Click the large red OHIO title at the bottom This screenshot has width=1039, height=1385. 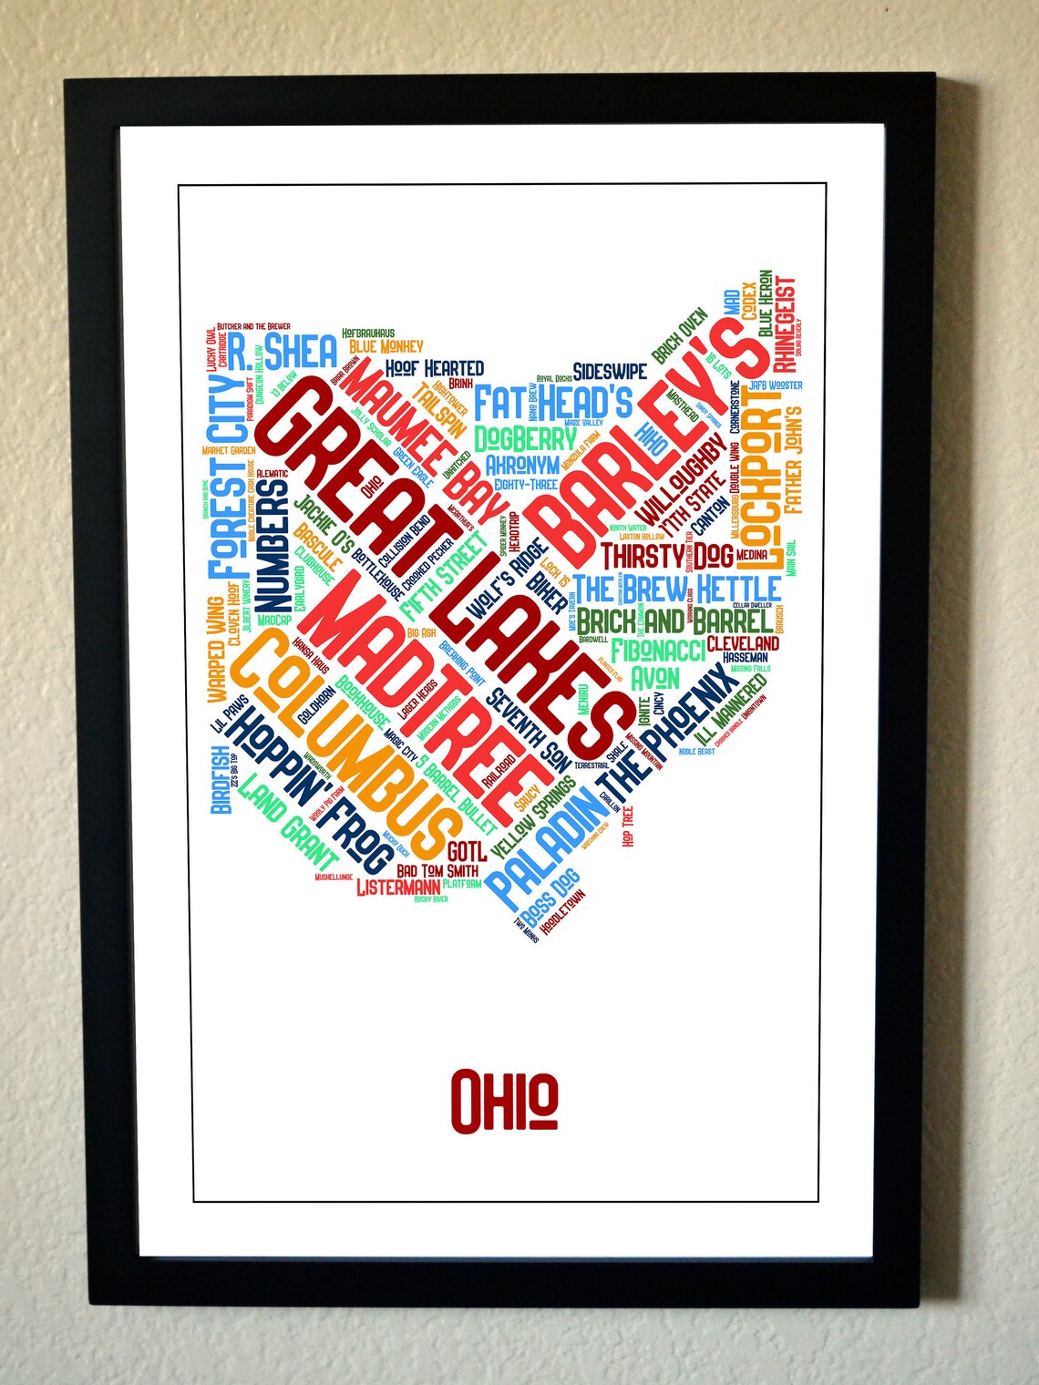coord(504,1100)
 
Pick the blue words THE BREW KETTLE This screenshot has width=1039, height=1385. coord(676,589)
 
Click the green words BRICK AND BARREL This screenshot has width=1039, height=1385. coord(674,621)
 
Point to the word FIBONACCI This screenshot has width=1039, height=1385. coord(658,651)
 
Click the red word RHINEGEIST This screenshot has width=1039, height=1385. coord(785,324)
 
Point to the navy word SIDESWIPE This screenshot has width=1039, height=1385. coord(610,371)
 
